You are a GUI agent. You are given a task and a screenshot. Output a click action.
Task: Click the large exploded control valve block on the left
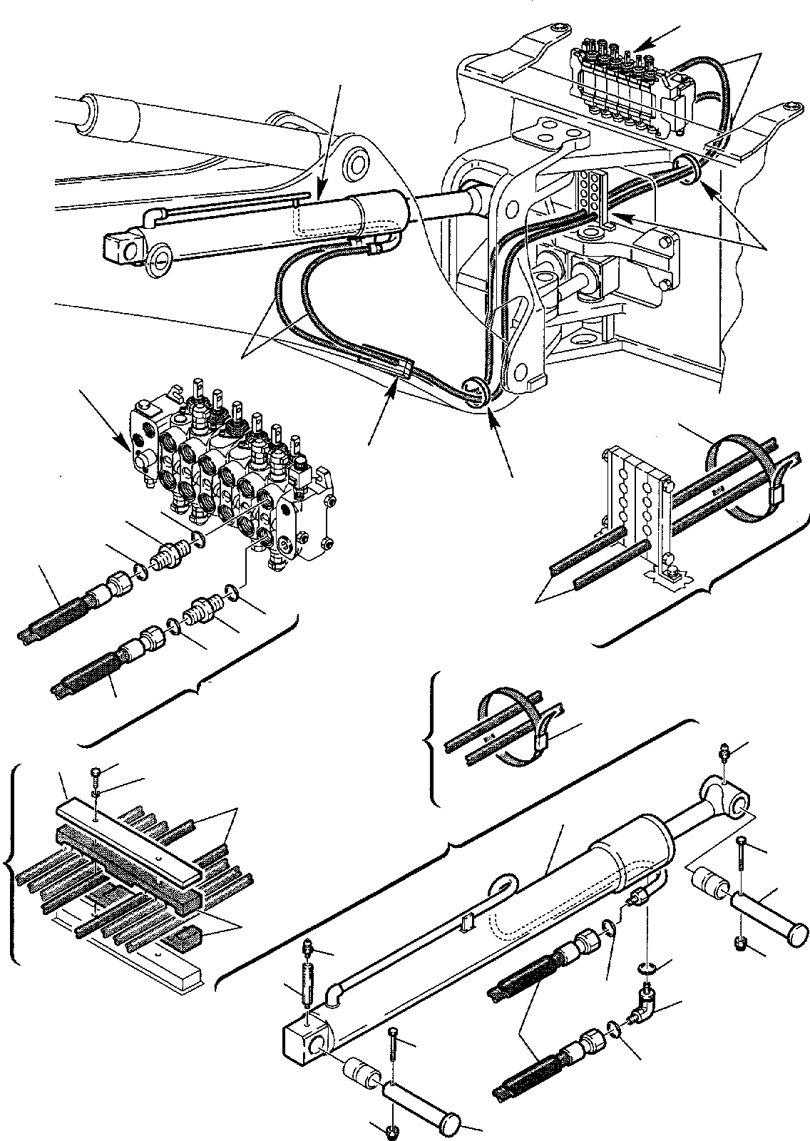(x=235, y=485)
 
